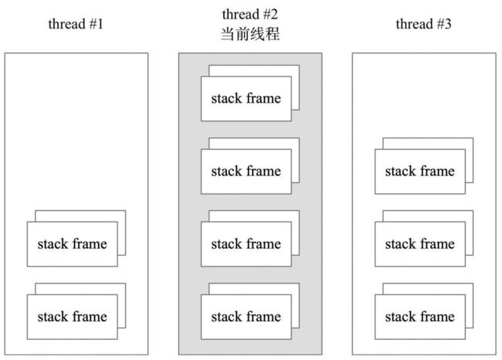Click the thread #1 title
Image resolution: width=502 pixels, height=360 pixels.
pos(76,24)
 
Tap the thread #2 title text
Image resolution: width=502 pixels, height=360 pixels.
pos(249,15)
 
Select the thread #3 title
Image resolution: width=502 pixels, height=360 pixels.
pos(423,24)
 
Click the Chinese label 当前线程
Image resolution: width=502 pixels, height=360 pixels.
pos(250,34)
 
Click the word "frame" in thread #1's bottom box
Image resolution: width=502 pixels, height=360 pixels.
pos(89,317)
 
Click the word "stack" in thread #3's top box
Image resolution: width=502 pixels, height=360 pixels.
pos(400,171)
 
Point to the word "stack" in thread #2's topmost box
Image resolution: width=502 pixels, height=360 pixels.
pos(226,98)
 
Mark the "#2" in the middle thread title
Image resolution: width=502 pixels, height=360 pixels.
pos(270,15)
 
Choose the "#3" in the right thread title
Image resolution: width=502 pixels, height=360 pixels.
pos(444,24)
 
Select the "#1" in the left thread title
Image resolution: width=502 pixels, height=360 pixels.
pos(96,24)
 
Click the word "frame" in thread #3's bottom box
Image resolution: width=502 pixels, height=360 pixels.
pos(437,317)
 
